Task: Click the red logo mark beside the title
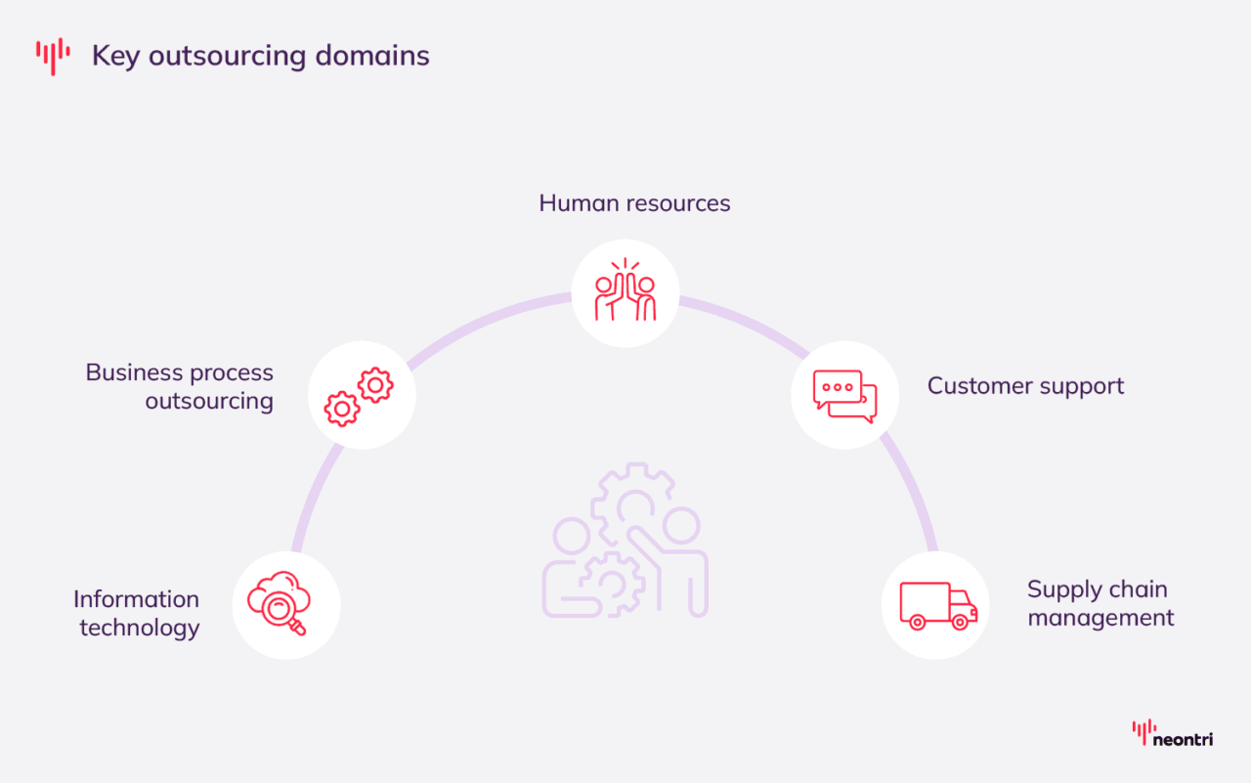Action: point(53,56)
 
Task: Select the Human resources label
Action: point(634,203)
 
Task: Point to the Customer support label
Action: point(1025,386)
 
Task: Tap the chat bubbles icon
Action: point(844,396)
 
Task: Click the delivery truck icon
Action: point(936,606)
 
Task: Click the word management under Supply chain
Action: point(1100,619)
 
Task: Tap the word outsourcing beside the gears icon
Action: point(209,402)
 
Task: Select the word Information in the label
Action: point(136,599)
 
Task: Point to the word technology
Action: point(140,628)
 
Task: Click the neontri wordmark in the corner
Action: point(1183,740)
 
